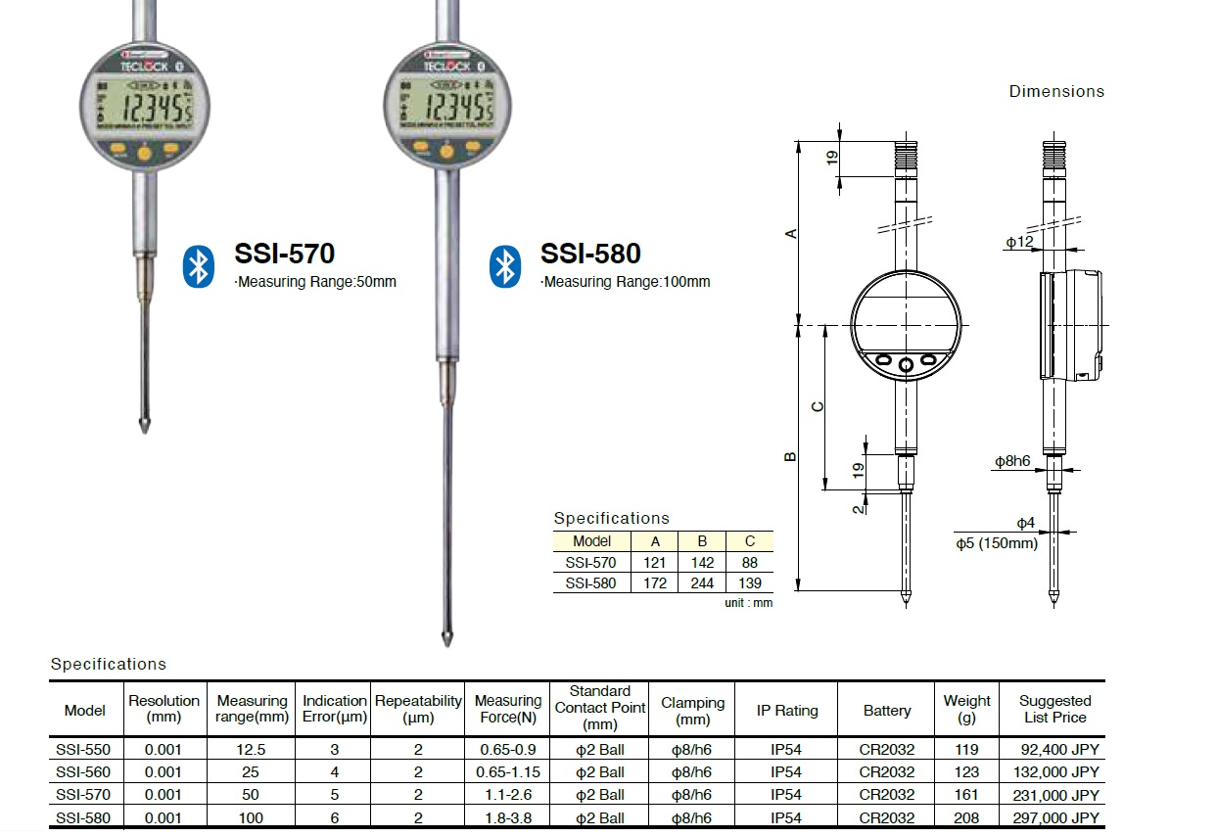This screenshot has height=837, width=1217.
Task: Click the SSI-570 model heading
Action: coord(284,254)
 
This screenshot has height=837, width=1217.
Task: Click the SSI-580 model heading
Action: coord(590,254)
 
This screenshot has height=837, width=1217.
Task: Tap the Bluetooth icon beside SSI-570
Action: coord(198,267)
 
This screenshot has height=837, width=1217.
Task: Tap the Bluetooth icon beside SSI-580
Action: coord(504,267)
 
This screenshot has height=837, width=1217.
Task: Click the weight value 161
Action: coord(967,795)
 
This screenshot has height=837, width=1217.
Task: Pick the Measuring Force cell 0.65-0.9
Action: coord(507,750)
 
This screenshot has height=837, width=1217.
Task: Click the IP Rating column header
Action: coord(786,711)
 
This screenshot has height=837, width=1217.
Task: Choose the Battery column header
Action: coord(886,711)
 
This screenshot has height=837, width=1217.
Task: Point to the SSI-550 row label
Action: coord(84,750)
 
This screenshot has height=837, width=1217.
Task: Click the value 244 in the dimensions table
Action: coord(701,582)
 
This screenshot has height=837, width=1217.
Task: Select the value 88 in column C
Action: coord(749,562)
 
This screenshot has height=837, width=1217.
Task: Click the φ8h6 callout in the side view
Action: coord(1012,460)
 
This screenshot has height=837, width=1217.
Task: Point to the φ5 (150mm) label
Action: coord(997,542)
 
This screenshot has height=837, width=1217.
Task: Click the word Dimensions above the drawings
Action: coord(1056,91)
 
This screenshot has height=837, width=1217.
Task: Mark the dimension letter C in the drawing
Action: coord(819,405)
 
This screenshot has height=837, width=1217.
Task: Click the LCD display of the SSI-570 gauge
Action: coord(144,107)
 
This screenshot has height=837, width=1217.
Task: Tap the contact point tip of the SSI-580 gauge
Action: coord(446,640)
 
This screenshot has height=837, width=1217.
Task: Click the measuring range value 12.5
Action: coord(252,750)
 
